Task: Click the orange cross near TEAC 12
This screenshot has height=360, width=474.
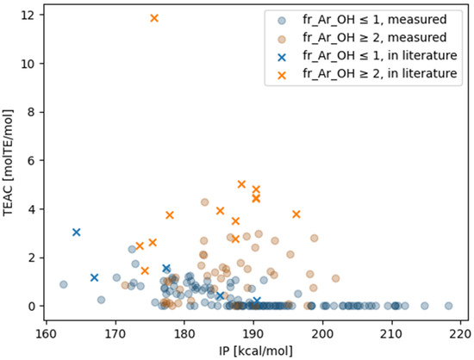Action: coord(154,18)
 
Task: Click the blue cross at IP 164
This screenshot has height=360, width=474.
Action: coord(77,232)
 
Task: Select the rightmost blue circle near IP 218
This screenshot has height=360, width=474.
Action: coord(448,306)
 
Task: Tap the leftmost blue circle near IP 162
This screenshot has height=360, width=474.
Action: coord(63,284)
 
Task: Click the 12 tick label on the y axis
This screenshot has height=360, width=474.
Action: coord(28,16)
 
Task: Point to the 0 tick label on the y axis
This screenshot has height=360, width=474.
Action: coord(31,306)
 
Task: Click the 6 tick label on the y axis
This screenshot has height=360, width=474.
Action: coord(31,161)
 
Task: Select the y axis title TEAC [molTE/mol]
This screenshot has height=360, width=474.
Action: coord(9,162)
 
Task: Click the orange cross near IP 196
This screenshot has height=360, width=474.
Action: coord(296,214)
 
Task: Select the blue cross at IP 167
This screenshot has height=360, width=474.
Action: coord(94,277)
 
